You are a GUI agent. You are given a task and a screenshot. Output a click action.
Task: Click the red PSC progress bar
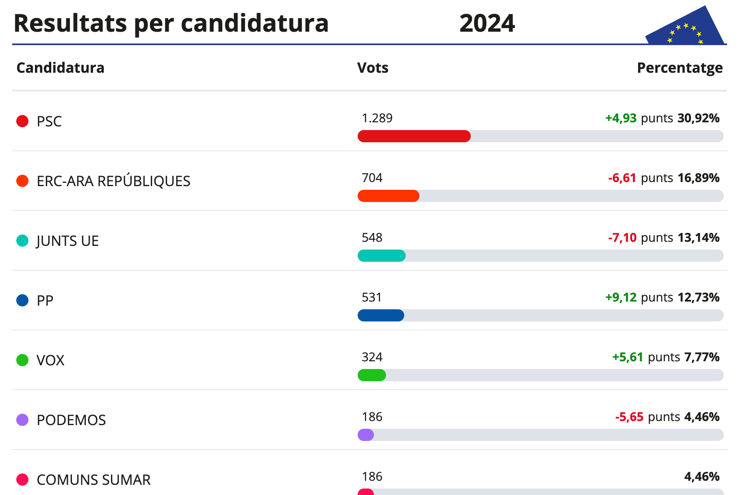pyautogui.click(x=414, y=136)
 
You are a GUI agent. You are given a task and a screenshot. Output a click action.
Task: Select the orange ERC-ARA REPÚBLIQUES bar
pyautogui.click(x=388, y=196)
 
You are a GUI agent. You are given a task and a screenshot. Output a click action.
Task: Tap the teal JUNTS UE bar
pyautogui.click(x=381, y=256)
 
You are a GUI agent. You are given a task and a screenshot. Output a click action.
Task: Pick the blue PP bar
pyautogui.click(x=381, y=315)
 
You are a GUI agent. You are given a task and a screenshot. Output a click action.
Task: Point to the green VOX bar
pyautogui.click(x=371, y=375)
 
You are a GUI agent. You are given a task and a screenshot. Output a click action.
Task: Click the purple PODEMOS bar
pyautogui.click(x=365, y=435)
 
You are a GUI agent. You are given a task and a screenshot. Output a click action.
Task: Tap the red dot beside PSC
pyautogui.click(x=22, y=121)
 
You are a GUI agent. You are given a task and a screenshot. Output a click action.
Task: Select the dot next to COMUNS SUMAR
pyautogui.click(x=22, y=480)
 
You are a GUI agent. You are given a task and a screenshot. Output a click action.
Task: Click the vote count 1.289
pyautogui.click(x=377, y=118)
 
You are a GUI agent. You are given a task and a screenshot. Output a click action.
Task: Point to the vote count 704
pyautogui.click(x=372, y=178)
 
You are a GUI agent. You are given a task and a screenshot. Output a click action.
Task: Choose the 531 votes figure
pyautogui.click(x=371, y=297)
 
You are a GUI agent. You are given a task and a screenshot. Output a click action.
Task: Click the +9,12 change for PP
pyautogui.click(x=621, y=297)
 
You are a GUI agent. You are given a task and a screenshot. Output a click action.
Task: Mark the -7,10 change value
pyautogui.click(x=622, y=238)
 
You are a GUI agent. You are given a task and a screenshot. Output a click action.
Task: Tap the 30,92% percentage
pyautogui.click(x=698, y=118)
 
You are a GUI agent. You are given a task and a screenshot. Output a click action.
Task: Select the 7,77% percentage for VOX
pyautogui.click(x=702, y=357)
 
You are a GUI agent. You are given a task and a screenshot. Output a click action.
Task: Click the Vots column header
pyautogui.click(x=373, y=68)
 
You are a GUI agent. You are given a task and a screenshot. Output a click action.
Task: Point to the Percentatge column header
pyautogui.click(x=680, y=68)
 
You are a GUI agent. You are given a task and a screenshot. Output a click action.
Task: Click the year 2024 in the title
pyautogui.click(x=487, y=23)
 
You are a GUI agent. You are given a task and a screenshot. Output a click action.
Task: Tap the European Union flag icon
pyautogui.click(x=685, y=28)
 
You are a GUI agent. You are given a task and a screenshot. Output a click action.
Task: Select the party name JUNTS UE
pyautogui.click(x=67, y=241)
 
